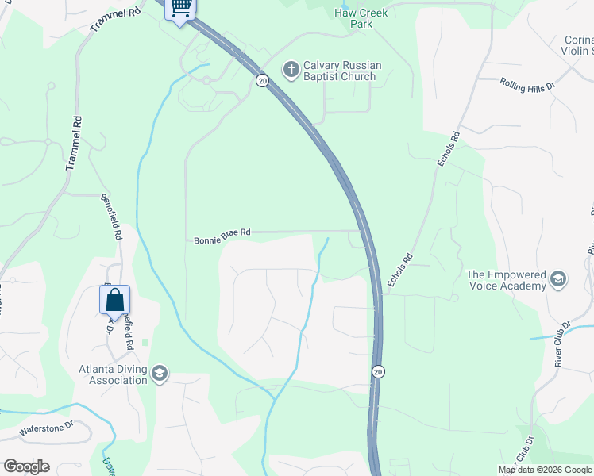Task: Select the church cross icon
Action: click(x=291, y=71)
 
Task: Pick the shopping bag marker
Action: click(x=114, y=301)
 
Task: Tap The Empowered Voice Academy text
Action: click(x=506, y=281)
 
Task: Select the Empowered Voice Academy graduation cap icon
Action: click(x=558, y=280)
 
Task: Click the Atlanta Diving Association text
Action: click(x=113, y=374)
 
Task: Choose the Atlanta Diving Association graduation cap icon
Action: click(x=160, y=374)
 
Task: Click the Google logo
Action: click(x=26, y=466)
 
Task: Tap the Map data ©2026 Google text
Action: click(x=545, y=470)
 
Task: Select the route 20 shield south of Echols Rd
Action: click(x=378, y=372)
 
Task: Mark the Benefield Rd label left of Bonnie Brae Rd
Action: click(x=110, y=217)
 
